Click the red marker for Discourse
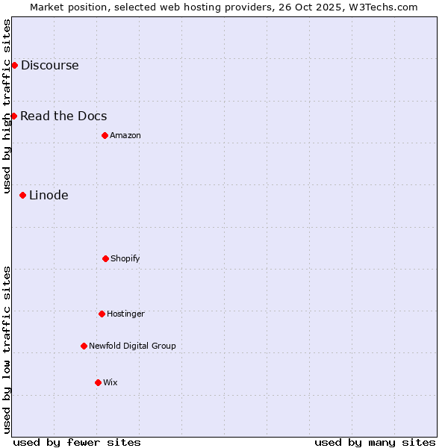coord(14,65)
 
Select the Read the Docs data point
coord(13,116)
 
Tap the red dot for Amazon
coord(105,135)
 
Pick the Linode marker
coord(22,195)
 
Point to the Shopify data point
coord(105,258)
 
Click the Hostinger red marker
coord(102,314)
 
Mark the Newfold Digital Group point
coord(84,346)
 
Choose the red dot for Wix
coord(98,382)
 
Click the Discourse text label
coord(49,65)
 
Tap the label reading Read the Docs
coord(63,116)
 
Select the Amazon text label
coord(125,135)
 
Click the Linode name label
coord(49,195)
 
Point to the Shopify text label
coord(125,258)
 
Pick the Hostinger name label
coord(125,314)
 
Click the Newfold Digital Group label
coord(132,346)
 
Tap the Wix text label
coord(111,382)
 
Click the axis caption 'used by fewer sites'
coord(77,442)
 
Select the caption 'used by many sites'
coord(375,442)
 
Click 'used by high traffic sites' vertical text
coord(7,106)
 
